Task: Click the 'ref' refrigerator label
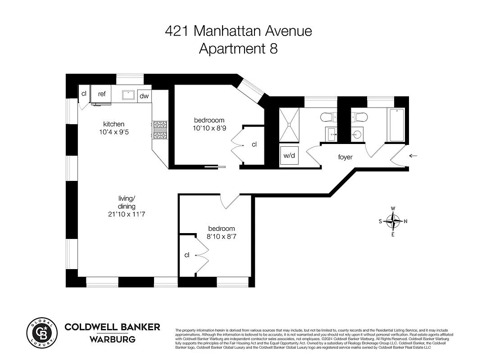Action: click(102, 94)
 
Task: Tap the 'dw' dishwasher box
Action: click(144, 96)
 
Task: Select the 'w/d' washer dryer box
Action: click(288, 156)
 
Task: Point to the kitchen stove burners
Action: click(160, 130)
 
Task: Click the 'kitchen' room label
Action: click(114, 124)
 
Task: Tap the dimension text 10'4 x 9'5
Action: click(114, 132)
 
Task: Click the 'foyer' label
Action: click(345, 157)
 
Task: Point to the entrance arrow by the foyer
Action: click(413, 156)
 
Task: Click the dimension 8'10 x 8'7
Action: click(221, 237)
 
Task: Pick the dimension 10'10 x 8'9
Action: click(209, 128)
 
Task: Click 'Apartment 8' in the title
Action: click(238, 49)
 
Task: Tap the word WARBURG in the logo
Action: click(113, 339)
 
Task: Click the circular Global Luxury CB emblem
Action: click(41, 333)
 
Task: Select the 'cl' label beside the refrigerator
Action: click(84, 94)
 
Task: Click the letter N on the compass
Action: click(405, 221)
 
